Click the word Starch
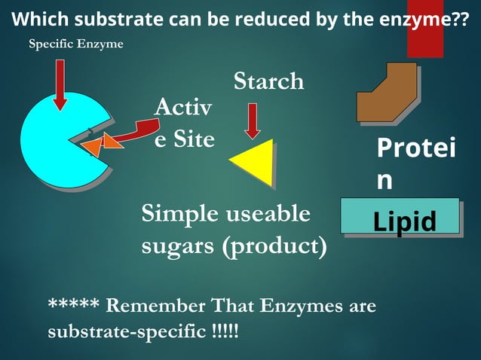coord(268,81)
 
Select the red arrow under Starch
coord(253,121)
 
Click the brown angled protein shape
coord(386,93)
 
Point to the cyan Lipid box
coord(400,216)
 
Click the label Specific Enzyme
coord(75,44)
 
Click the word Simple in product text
coord(179,215)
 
